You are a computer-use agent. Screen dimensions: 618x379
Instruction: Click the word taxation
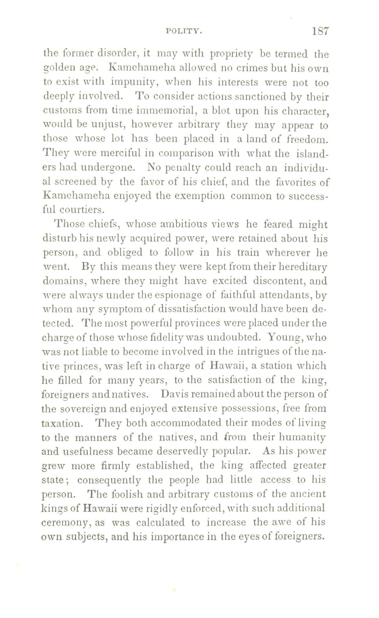click(x=60, y=423)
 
